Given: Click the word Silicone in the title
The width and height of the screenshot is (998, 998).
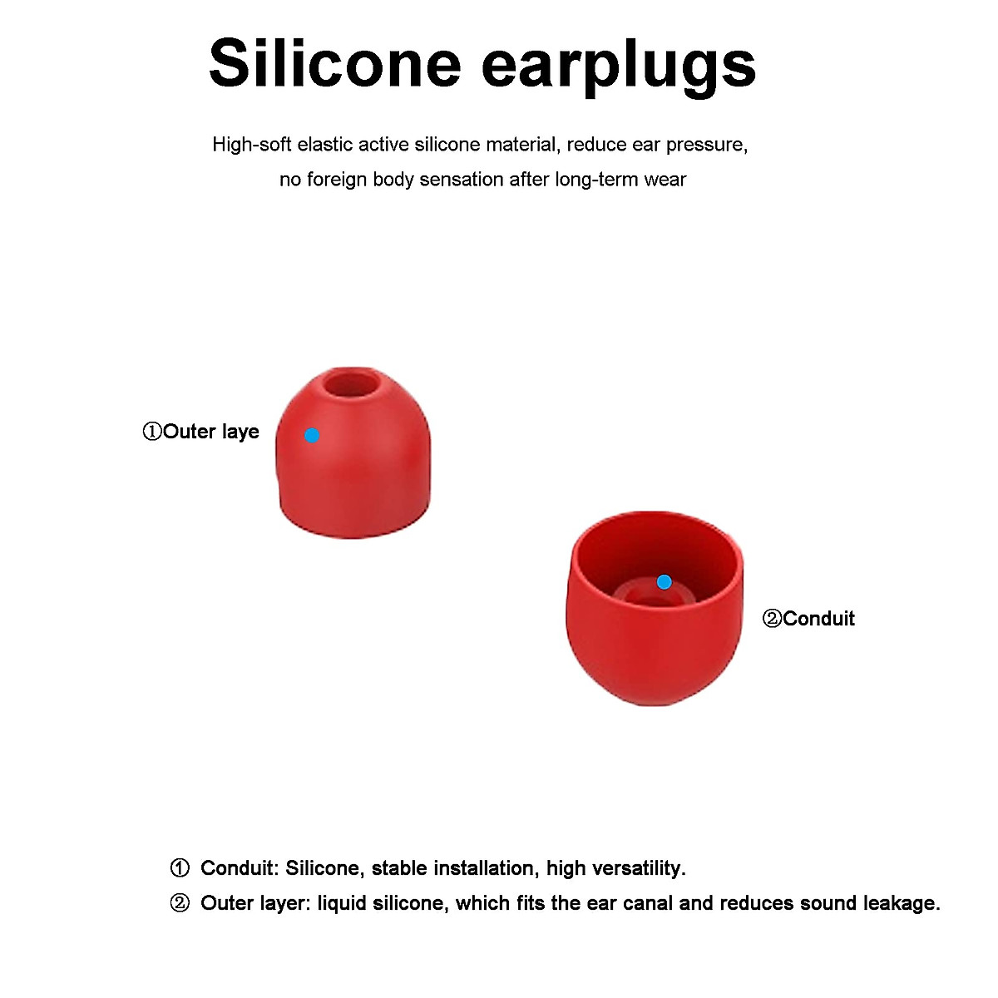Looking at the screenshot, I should [x=334, y=63].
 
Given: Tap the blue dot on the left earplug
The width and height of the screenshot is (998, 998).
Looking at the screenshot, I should [x=312, y=435].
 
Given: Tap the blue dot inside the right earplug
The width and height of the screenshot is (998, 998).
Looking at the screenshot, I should [x=664, y=582].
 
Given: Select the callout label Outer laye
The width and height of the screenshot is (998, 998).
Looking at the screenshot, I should [x=201, y=432].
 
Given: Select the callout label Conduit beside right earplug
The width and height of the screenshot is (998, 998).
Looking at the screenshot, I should [x=809, y=619].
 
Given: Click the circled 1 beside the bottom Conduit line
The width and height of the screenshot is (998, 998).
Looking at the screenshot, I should [x=180, y=868].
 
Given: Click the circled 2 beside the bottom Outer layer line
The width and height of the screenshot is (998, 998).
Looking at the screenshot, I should [x=180, y=903].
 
